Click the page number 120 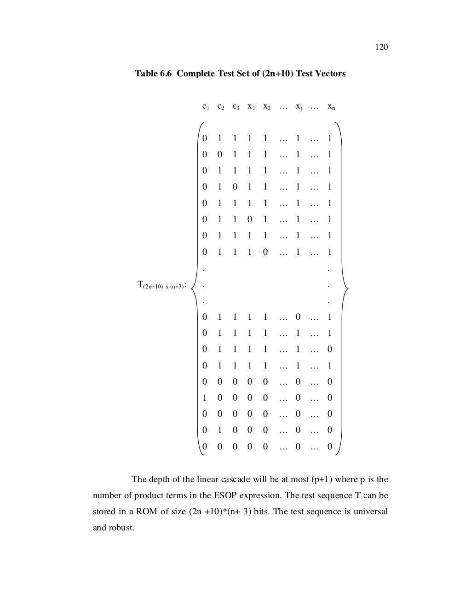pos(382,47)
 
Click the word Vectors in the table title pos(329,74)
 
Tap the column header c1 pos(206,107)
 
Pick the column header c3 pos(235,107)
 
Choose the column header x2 pos(266,107)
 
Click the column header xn pos(331,107)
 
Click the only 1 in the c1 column pos(205,398)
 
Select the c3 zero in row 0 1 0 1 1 pos(235,187)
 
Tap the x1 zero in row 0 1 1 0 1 pos(250,219)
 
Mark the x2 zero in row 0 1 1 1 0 pos(265,252)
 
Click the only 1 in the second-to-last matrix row pos(220,430)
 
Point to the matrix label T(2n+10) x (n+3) pos(161,286)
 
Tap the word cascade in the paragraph pos(235,479)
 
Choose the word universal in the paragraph pos(372,512)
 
